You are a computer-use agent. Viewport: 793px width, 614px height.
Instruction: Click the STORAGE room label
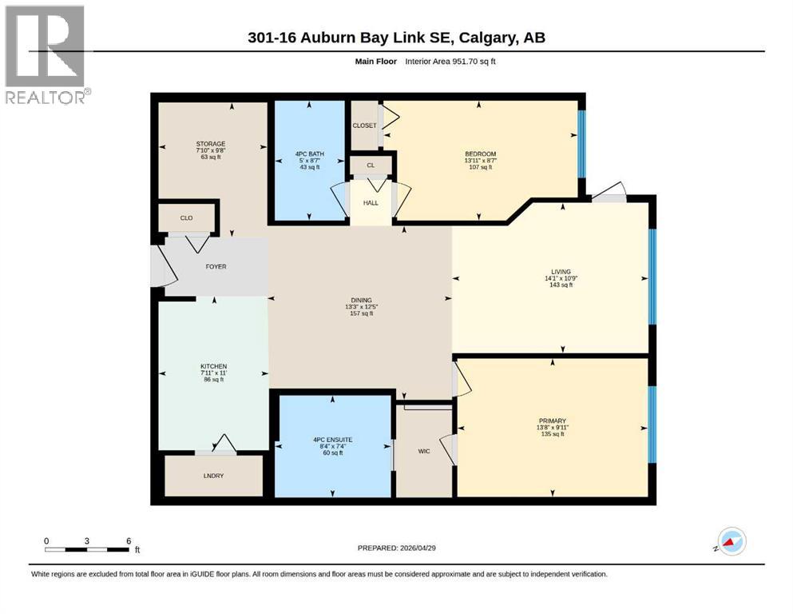211,144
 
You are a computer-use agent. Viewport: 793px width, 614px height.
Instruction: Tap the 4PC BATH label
307,153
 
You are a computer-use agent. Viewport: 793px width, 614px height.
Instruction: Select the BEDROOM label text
480,154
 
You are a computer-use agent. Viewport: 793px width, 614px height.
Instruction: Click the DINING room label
361,301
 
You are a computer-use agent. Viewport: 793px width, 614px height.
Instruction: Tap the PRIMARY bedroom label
552,421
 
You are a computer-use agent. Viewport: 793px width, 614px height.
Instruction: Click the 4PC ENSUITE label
334,438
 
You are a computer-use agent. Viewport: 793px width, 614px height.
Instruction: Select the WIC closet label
423,451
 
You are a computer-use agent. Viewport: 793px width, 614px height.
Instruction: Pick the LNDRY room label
213,476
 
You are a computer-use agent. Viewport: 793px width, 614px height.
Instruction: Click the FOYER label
216,266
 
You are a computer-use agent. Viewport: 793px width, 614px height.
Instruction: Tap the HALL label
371,203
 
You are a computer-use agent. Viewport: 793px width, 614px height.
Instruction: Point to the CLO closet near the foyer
186,217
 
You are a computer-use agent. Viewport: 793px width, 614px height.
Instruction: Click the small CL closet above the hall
371,165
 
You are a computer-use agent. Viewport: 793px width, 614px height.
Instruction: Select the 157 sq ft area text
361,313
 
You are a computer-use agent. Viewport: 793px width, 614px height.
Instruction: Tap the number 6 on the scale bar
129,540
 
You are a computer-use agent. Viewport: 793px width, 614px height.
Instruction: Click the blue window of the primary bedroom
652,425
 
